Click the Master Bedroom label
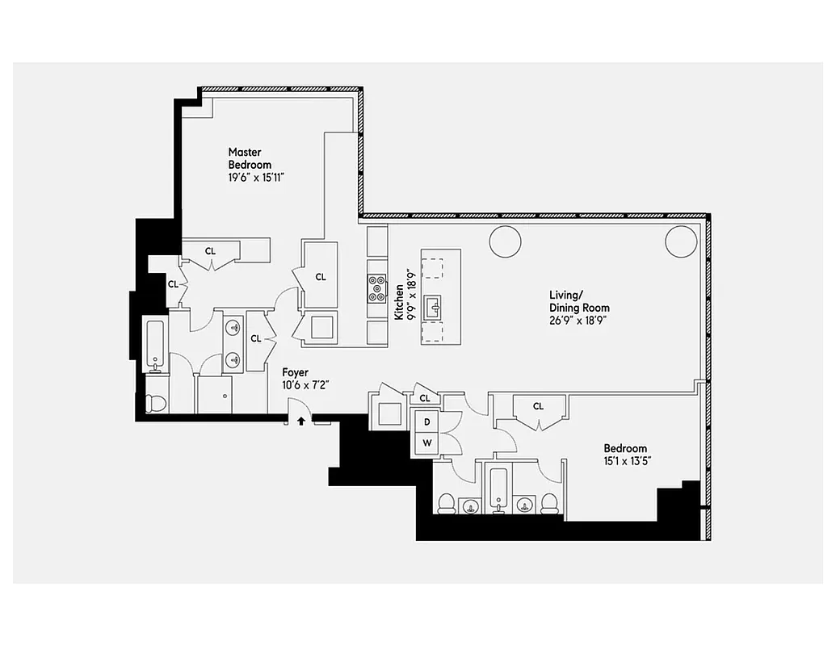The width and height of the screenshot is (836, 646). pos(244,158)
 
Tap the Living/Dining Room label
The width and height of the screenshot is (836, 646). pos(579,301)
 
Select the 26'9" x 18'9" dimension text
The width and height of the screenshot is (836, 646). pos(579,320)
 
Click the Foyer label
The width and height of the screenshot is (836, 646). pos(295,372)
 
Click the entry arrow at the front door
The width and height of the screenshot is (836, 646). pos(302,420)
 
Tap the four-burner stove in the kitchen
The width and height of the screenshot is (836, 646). pos(377,287)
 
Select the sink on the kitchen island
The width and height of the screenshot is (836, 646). pos(435,306)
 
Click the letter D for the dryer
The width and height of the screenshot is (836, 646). pos(426,421)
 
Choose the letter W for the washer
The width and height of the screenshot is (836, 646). pos(426,443)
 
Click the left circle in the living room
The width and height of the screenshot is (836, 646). pos(506,241)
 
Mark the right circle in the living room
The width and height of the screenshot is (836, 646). pos(680,241)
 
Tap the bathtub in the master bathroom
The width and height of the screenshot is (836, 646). pos(155,344)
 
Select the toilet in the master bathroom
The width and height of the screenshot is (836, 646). pos(157,401)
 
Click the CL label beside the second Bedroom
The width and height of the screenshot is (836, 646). pos(538,406)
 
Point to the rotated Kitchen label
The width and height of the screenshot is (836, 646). pos(399,302)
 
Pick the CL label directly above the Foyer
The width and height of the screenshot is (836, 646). pos(256,338)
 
